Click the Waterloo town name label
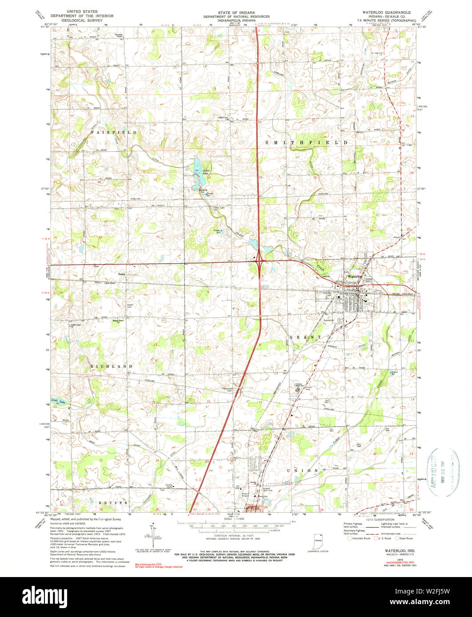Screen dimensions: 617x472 click(356, 276)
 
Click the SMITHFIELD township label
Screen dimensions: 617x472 click(306, 142)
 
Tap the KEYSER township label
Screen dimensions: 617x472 click(113, 502)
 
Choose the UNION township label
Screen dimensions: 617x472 click(302, 470)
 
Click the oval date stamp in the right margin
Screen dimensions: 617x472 click(442, 471)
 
